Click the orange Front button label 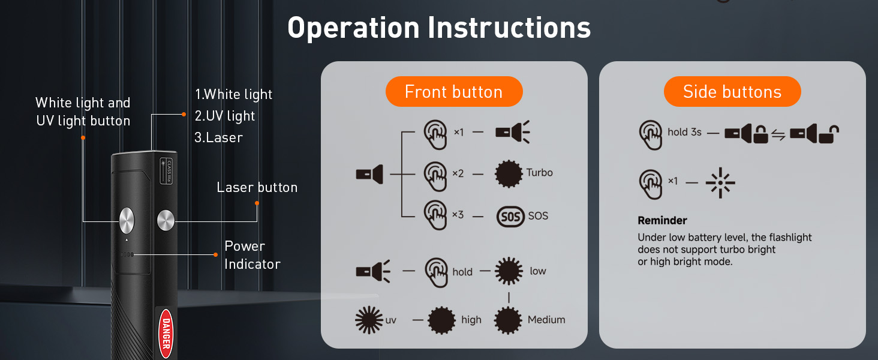pos(453,92)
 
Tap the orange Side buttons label pos(732,92)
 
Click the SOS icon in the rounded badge pos(510,216)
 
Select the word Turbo pos(540,173)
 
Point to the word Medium pos(546,320)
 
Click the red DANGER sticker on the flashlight pos(166,333)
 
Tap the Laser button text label pos(257,188)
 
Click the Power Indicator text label pos(252,255)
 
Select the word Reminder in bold pos(662,220)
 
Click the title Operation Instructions pos(439,28)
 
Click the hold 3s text pos(684,132)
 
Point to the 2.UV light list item pos(225,116)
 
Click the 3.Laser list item pos(218,137)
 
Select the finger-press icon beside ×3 pos(435,215)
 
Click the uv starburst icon pos(369,320)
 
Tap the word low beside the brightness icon pos(538,271)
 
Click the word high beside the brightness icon pos(471,320)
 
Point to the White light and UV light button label pos(83,112)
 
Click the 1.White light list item pos(233,94)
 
